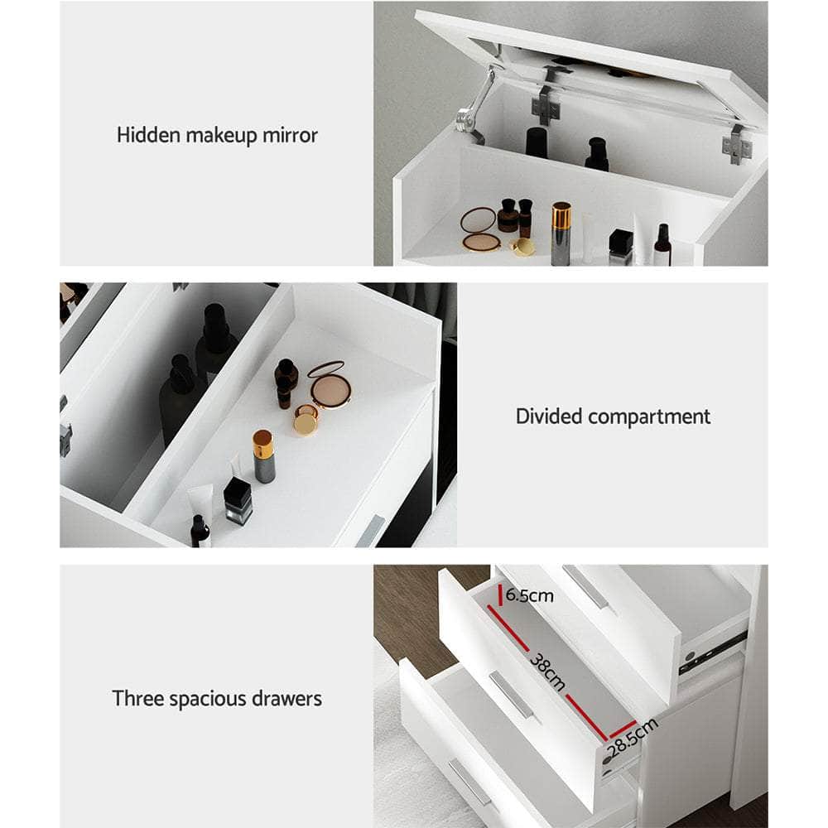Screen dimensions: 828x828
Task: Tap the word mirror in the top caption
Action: point(290,134)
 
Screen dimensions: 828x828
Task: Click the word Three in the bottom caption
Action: point(138,698)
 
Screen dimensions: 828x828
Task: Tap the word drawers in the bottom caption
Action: point(289,698)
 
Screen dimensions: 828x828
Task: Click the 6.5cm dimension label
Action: point(530,595)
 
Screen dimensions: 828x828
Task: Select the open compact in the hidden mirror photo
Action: point(479,229)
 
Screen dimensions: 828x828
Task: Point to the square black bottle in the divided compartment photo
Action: point(237,500)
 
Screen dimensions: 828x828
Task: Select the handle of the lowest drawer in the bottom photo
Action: point(470,782)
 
